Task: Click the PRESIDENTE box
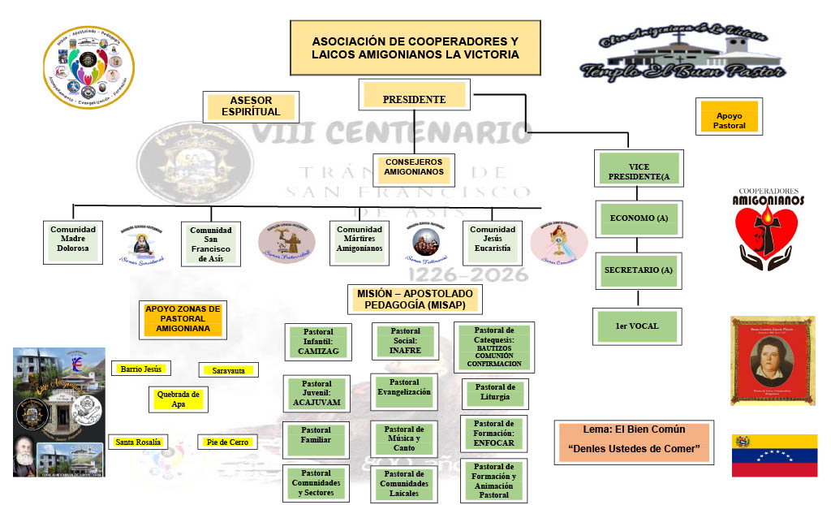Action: (414, 98)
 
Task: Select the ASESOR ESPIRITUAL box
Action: (251, 106)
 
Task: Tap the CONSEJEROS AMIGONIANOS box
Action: (414, 167)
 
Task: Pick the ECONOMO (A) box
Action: (639, 218)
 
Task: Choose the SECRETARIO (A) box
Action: (639, 270)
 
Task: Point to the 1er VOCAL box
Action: (637, 326)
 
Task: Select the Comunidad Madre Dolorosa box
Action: (73, 241)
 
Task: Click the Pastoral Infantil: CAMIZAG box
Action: (318, 341)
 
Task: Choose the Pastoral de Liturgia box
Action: (494, 393)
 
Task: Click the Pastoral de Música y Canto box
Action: (404, 438)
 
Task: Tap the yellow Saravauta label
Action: (228, 370)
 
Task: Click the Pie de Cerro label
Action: (227, 442)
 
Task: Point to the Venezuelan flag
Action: (773, 455)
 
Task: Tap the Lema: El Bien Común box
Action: (634, 441)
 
